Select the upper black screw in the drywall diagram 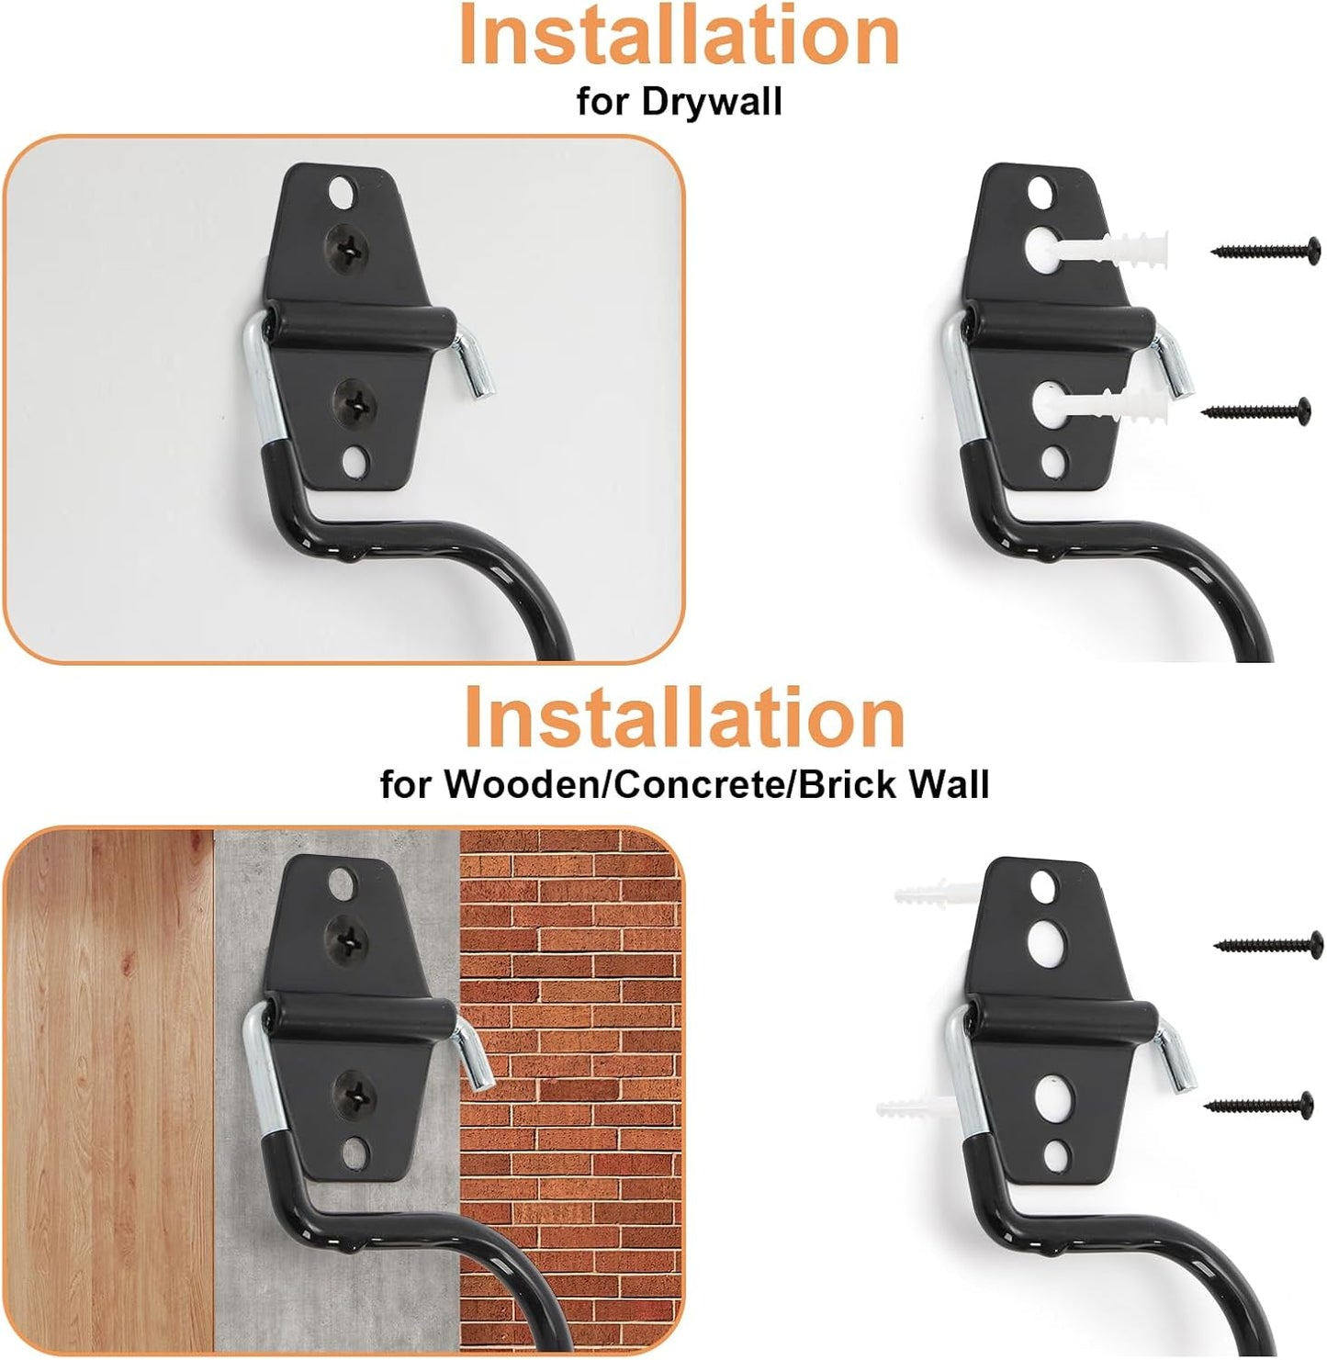1267,248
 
